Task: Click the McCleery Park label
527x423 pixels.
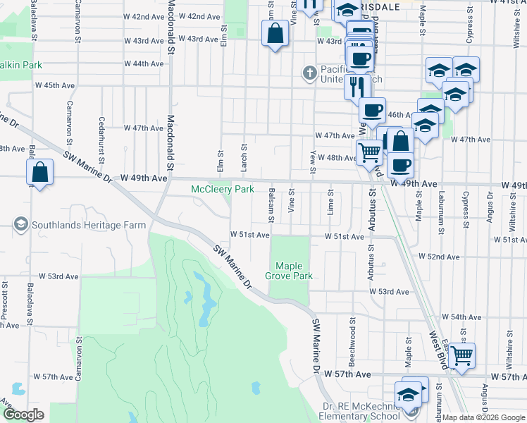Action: (x=223, y=190)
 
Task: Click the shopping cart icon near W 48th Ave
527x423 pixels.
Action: (x=369, y=151)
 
